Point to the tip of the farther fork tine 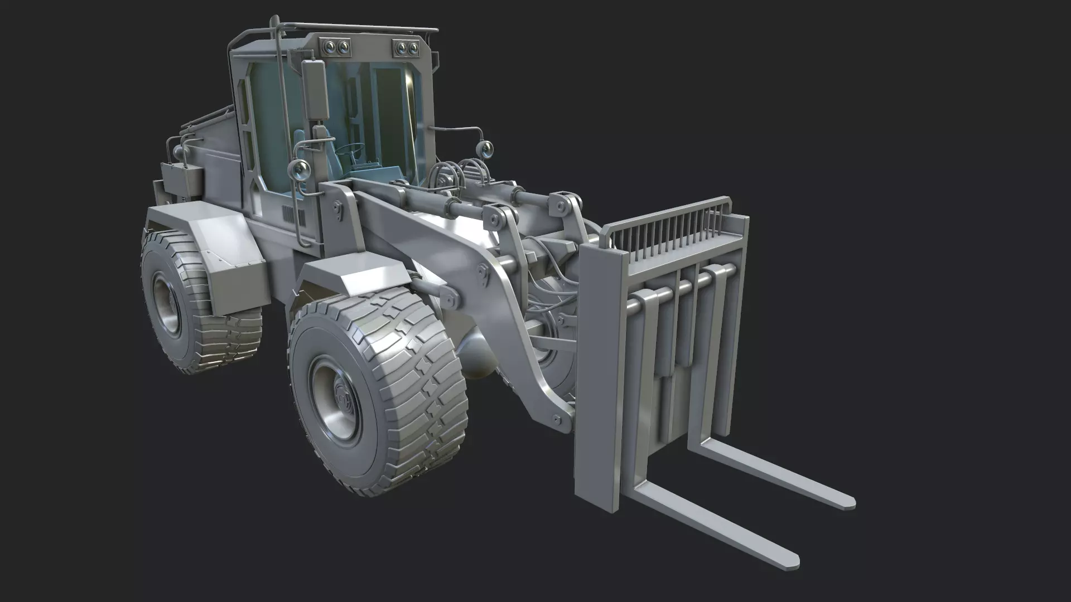click(x=848, y=501)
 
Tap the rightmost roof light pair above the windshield click(x=407, y=48)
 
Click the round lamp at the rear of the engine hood click(x=178, y=151)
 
